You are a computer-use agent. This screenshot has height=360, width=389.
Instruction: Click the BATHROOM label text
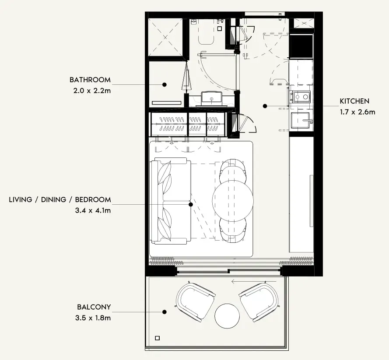pos(90,80)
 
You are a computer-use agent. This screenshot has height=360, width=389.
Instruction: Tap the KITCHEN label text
pos(354,101)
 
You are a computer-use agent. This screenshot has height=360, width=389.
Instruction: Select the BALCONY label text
pos(94,307)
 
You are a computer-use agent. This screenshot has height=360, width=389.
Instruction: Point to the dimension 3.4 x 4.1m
pos(93,210)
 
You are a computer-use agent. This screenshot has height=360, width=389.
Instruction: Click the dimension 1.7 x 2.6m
pos(357,112)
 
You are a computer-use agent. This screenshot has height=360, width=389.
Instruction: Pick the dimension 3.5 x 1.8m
pos(93,318)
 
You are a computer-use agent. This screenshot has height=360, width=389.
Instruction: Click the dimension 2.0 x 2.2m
pos(92,91)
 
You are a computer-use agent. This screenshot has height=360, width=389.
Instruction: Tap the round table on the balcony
pos(227,316)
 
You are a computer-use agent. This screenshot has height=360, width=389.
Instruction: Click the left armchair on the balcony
pos(195,302)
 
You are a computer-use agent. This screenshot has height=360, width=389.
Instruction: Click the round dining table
pos(233,201)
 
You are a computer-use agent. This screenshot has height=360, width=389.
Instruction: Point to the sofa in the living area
pos(171,201)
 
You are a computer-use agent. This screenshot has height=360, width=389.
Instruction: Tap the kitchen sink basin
pos(301,120)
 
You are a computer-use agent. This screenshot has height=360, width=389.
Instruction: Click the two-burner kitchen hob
pos(301,97)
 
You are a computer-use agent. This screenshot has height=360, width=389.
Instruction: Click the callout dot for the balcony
pos(164,312)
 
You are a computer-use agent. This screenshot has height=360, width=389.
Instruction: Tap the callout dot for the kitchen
pos(265,106)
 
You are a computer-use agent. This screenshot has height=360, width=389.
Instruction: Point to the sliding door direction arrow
pos(254,281)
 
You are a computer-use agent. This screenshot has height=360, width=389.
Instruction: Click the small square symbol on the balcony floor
pos(157,338)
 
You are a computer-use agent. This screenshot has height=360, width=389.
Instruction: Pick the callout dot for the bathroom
pos(164,84)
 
